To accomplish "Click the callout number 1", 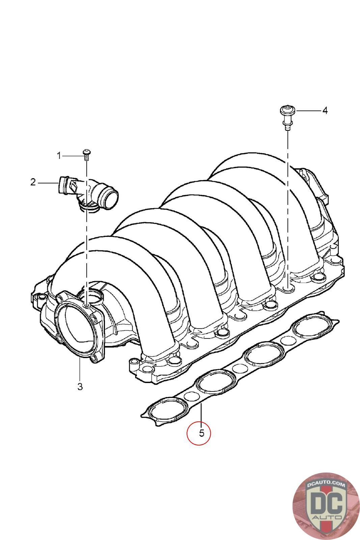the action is coord(59,156).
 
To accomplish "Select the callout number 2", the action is coord(33,182).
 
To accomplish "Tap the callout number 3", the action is coord(80,386).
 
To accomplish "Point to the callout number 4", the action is coord(325,110).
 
